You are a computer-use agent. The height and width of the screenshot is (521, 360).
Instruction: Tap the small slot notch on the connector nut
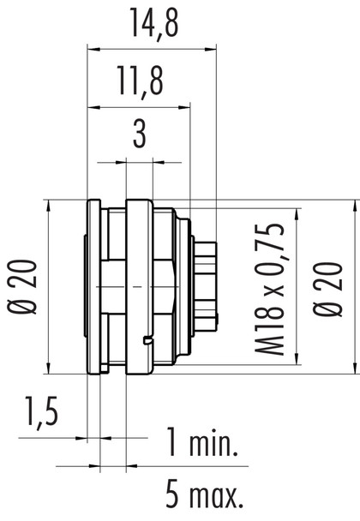tap(149, 343)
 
